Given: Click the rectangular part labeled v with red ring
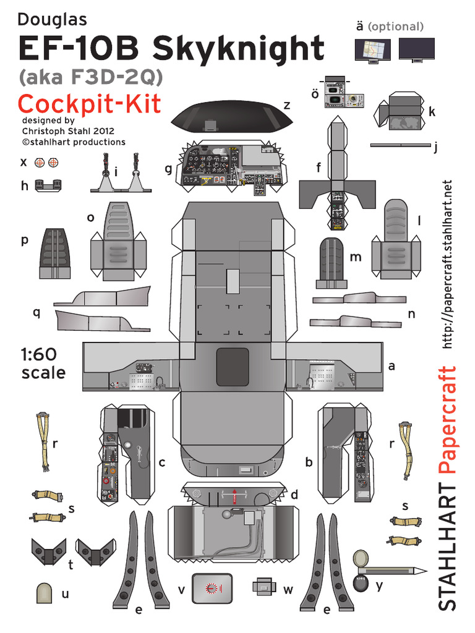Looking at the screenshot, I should click(x=212, y=588).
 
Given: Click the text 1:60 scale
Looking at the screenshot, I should click(x=42, y=363).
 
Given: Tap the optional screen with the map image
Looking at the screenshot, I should click(x=372, y=49).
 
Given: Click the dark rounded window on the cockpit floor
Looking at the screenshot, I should click(x=232, y=367).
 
